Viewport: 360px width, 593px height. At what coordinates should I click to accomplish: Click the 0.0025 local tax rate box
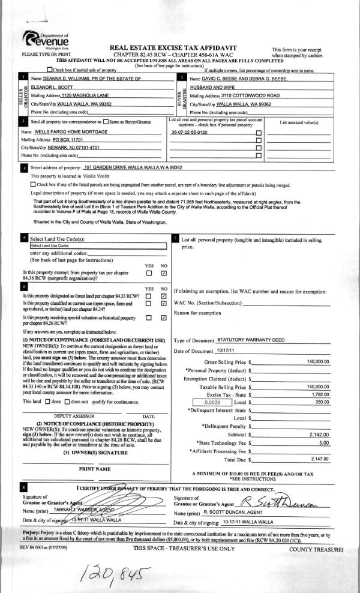[206, 387]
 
